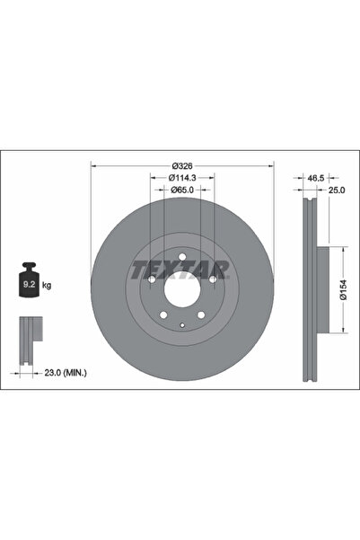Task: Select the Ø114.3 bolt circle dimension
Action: pyautogui.click(x=183, y=178)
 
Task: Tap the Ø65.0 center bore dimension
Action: pyautogui.click(x=183, y=190)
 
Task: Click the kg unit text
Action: pyautogui.click(x=47, y=285)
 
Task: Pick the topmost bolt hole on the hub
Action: pyautogui.click(x=182, y=259)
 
